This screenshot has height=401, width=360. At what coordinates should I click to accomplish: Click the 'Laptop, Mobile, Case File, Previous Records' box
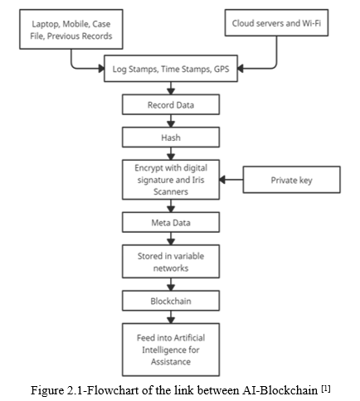pos(71,29)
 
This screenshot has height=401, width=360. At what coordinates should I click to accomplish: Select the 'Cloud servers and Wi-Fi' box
pos(276,22)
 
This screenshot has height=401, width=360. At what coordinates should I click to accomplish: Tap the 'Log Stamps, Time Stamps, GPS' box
pos(171,69)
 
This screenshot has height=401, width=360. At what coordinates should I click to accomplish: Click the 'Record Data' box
pos(171,104)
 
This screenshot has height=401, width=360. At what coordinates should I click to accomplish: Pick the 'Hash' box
pos(171,137)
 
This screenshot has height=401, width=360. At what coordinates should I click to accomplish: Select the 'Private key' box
pos(292,180)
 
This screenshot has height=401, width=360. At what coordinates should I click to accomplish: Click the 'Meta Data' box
pos(171,222)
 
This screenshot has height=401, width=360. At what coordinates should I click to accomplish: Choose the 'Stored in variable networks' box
pos(171,261)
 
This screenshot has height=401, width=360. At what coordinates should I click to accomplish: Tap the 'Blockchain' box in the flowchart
pos(171,301)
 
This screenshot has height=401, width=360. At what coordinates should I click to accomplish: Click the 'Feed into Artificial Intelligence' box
pos(171,350)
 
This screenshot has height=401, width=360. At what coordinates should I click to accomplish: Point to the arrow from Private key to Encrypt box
pos(231,180)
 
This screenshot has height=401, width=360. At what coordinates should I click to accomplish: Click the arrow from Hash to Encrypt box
pos(171,153)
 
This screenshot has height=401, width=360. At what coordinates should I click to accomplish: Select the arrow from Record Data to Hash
pos(171,121)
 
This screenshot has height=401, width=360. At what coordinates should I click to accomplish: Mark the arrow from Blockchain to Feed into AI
pos(171,317)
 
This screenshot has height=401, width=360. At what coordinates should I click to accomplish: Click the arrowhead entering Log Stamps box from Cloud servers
pos(241,69)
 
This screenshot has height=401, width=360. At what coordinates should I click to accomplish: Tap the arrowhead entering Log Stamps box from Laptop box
pos(101,69)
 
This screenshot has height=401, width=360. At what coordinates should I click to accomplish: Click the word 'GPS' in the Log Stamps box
pos(221,69)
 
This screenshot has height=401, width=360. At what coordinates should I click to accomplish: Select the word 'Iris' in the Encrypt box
pos(198,180)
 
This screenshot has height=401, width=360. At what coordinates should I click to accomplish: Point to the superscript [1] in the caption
pos(326,389)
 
